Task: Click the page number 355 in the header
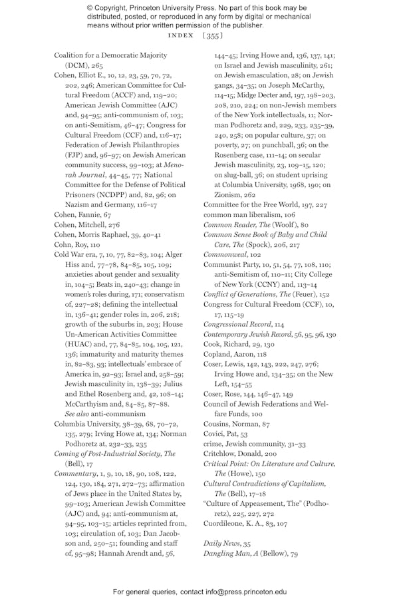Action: coord(213,35)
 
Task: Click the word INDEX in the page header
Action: coord(181,35)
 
